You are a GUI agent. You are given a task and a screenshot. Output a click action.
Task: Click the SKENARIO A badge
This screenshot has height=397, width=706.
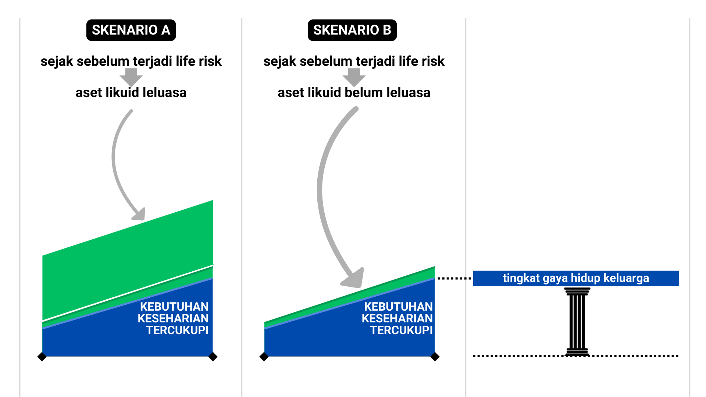[x=131, y=30]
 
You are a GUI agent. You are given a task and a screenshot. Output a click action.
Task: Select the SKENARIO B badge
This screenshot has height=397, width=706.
[x=352, y=30]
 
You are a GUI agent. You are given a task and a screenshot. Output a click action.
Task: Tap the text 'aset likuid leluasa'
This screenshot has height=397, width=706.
[x=131, y=92]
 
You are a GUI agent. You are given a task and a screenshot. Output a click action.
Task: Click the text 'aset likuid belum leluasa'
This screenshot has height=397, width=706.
[x=354, y=92]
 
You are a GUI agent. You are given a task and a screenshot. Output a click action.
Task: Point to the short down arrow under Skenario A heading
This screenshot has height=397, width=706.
[x=131, y=77]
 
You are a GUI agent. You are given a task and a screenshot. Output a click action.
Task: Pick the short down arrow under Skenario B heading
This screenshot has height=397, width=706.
[x=354, y=77]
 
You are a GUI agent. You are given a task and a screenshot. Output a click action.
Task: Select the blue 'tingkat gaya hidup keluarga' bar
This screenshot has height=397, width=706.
[x=575, y=278]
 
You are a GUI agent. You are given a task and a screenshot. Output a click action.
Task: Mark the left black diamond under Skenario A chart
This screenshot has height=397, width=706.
[x=42, y=357]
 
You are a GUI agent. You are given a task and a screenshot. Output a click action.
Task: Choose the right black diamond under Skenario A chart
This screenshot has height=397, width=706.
[x=213, y=357]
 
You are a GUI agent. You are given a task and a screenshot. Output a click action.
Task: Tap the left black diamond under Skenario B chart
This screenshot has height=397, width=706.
[x=264, y=357]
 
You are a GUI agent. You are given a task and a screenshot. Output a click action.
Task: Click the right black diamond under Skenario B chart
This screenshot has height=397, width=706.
[x=435, y=357]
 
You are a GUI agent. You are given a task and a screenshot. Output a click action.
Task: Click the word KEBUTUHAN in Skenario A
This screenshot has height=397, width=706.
[x=174, y=307]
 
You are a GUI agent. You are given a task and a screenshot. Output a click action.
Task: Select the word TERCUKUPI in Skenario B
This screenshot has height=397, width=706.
[x=401, y=330]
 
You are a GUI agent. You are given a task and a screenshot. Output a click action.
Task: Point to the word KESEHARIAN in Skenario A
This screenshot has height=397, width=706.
[x=173, y=318]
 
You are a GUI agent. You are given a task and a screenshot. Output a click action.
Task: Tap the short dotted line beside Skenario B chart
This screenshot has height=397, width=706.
[x=454, y=278]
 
